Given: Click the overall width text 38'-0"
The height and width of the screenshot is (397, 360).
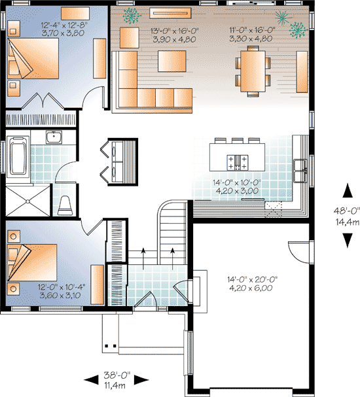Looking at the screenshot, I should (117, 376).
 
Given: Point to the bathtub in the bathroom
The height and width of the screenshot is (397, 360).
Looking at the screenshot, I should (18, 157).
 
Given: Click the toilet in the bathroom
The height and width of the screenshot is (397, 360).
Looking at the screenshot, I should (65, 205).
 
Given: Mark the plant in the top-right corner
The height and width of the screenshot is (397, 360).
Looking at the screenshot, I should (298, 28).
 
